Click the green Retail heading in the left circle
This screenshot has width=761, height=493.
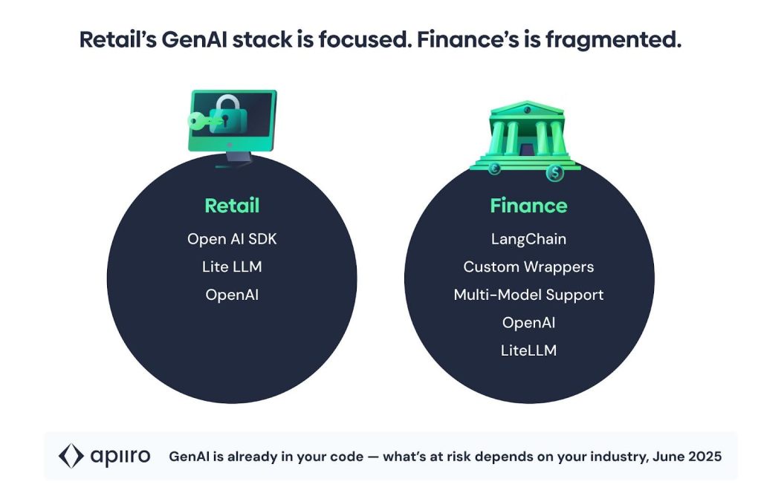[x=232, y=205]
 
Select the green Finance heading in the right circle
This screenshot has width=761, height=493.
[x=528, y=205]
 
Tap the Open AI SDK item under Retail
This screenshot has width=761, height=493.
[x=232, y=239]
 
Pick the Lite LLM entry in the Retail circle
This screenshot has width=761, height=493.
[x=232, y=267]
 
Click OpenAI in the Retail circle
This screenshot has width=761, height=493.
[x=232, y=294]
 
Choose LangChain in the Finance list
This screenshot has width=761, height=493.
[x=528, y=239]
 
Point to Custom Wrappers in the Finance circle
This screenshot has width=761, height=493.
[x=528, y=267]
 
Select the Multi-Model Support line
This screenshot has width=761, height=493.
[x=528, y=294]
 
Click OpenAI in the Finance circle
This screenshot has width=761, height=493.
[x=528, y=322]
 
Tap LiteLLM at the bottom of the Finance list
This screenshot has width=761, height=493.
[x=528, y=350]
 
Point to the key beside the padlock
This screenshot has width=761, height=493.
[x=199, y=121]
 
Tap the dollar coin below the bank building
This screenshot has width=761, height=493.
[x=554, y=173]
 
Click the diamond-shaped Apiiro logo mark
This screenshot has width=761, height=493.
[x=71, y=456]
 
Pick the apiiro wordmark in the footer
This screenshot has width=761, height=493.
[x=120, y=456]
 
